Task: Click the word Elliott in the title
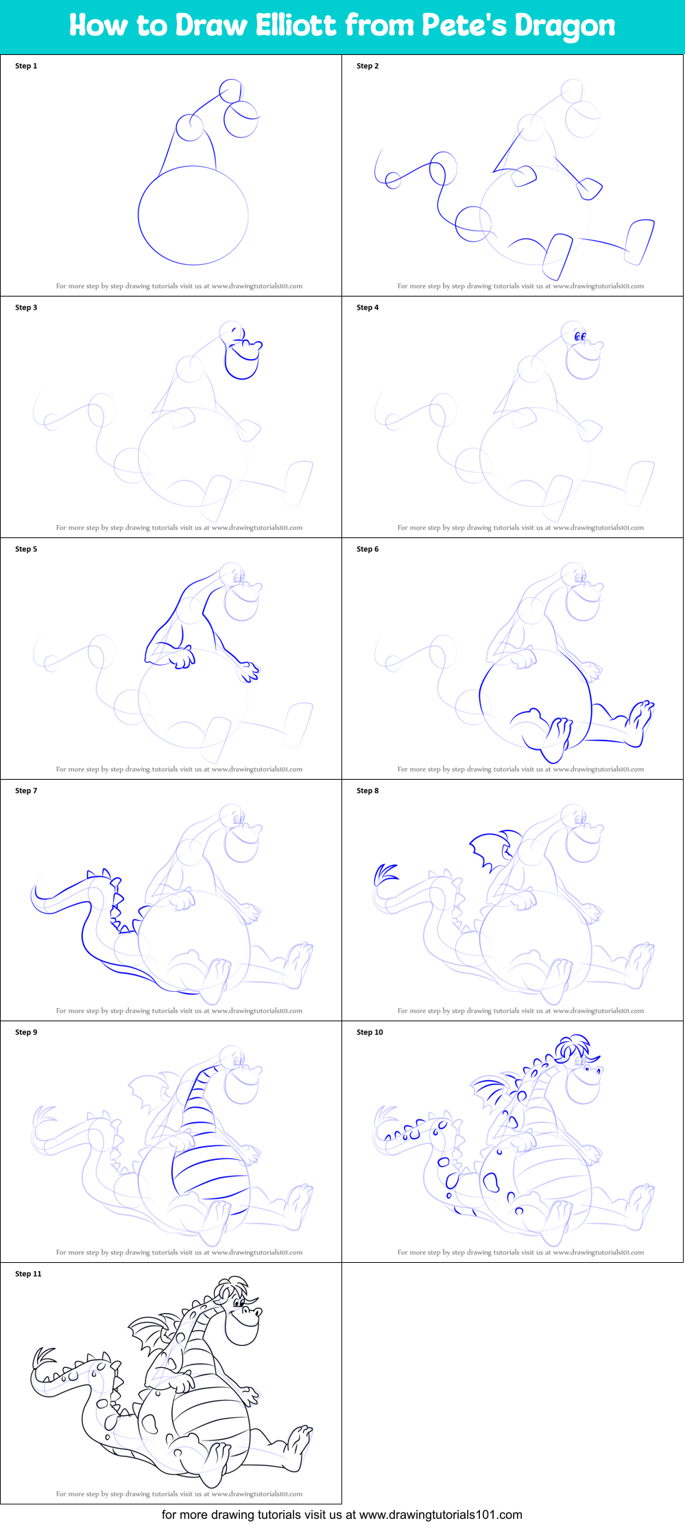click(x=297, y=25)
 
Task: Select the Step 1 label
click(x=26, y=66)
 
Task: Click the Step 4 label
click(x=368, y=307)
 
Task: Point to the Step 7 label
click(x=26, y=791)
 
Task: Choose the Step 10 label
click(x=370, y=1032)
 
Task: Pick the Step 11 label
click(x=28, y=1274)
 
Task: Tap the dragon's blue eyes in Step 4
click(x=580, y=336)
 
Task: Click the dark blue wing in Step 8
click(x=494, y=848)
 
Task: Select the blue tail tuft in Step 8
click(x=385, y=874)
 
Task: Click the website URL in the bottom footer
click(x=441, y=1514)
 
